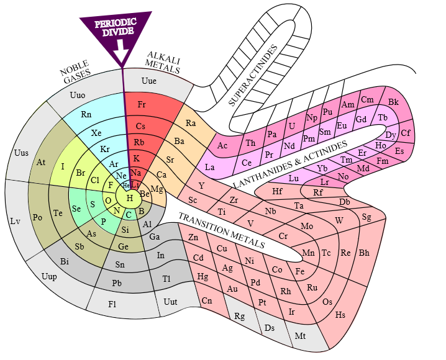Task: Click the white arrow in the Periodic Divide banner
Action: coord(121,54)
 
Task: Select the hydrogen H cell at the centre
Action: coord(130,198)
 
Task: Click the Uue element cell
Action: coord(148,81)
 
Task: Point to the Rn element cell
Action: coord(86,114)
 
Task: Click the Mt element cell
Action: coord(300,336)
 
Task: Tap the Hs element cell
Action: coord(340,315)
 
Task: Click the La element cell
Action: coord(209,167)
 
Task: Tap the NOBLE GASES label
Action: coord(76,73)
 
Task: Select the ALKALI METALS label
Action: coord(163,63)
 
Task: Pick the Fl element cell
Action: coord(112,304)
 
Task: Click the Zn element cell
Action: coord(193,237)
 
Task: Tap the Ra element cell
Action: coord(191,123)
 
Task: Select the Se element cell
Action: coord(76,209)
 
